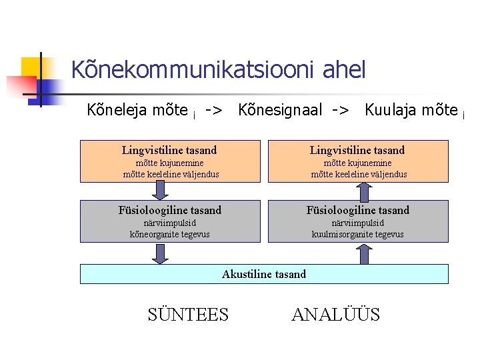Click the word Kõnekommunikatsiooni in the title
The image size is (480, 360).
click(193, 69)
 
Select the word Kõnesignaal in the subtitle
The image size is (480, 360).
click(279, 110)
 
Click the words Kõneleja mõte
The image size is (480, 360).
click(137, 110)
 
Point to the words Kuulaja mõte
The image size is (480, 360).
click(411, 110)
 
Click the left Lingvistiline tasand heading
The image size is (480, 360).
click(169, 151)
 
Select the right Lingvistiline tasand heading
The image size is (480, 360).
click(357, 151)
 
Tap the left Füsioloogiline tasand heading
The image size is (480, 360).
click(169, 211)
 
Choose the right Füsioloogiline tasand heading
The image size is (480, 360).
click(357, 211)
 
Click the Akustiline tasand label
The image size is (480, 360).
click(264, 274)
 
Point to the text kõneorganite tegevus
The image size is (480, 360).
click(169, 234)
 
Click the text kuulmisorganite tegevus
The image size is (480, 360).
click(357, 234)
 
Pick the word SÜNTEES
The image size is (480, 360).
click(188, 315)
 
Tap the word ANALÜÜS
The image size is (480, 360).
click(335, 315)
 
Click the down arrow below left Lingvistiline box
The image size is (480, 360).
click(160, 191)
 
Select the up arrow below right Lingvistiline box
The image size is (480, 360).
click(364, 191)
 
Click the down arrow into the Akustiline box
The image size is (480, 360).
click(160, 253)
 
